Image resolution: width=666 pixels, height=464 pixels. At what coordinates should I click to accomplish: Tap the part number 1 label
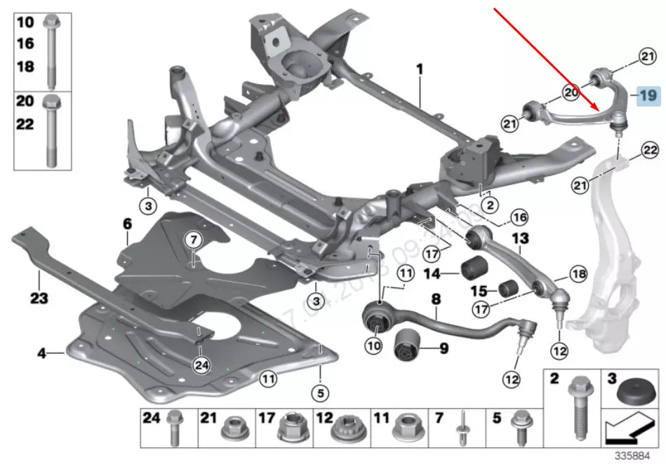420,70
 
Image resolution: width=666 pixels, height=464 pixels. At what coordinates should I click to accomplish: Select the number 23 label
39,299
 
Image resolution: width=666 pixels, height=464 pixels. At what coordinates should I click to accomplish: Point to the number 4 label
42,353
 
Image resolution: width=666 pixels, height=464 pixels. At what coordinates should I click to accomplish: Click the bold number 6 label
127,224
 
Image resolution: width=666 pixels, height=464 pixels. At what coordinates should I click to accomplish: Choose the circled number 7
192,240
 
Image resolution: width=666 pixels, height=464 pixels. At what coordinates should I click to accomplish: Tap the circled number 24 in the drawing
201,364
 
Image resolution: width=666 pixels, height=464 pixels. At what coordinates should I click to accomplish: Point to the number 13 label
519,239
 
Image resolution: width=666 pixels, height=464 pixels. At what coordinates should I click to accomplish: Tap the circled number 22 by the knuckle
649,150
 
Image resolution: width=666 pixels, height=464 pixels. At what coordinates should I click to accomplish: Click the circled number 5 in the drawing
319,393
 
